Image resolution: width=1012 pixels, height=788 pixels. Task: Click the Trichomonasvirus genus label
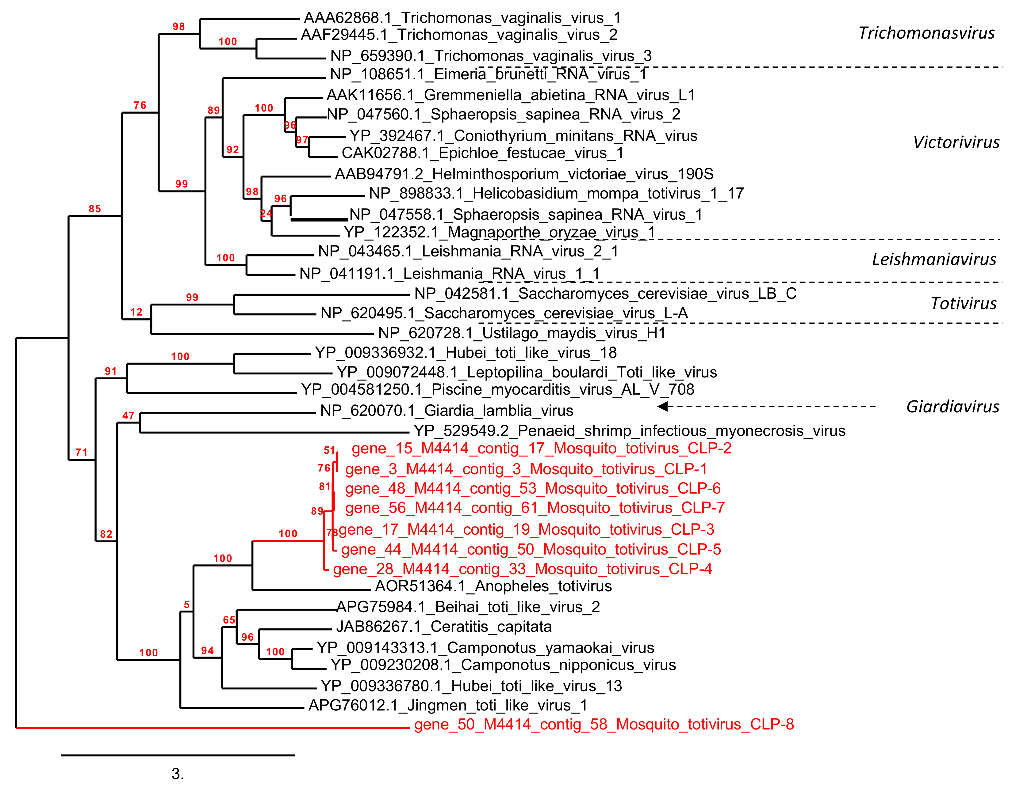(x=926, y=33)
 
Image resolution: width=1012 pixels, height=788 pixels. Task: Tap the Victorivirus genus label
(x=956, y=142)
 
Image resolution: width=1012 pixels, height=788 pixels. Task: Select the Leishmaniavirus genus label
(x=934, y=260)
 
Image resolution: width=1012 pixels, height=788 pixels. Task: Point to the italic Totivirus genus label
(x=963, y=304)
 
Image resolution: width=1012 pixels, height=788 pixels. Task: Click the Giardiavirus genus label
(x=952, y=407)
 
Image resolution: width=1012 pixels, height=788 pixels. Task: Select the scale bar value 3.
(x=178, y=774)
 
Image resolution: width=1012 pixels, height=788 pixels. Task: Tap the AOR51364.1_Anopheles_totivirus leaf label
(x=493, y=587)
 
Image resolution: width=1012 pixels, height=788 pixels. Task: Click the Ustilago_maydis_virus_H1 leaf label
(x=522, y=333)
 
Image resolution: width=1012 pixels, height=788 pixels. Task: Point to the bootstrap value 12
(x=136, y=312)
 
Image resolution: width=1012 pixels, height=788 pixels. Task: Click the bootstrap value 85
(x=95, y=209)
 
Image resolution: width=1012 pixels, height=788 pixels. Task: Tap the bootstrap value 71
(x=82, y=452)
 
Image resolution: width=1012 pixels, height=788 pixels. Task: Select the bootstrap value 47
(x=128, y=415)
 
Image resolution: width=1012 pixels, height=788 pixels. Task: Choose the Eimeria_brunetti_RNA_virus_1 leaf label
(x=488, y=74)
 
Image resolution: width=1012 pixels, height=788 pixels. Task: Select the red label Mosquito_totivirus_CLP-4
(x=522, y=569)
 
